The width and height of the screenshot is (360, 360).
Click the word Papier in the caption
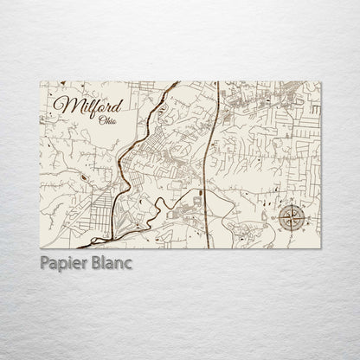(x=64, y=261)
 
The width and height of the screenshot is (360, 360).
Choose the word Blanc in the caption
(x=112, y=261)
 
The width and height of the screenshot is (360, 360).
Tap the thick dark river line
(x=127, y=164)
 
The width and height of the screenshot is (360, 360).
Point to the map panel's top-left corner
(x=41, y=81)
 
